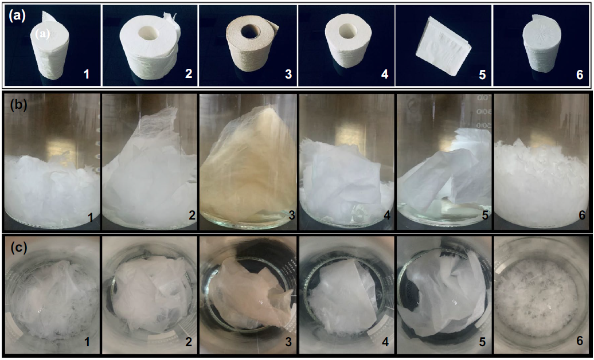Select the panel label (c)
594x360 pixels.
click(x=18, y=248)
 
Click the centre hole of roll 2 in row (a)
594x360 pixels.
click(x=149, y=33)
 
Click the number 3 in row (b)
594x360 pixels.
click(x=291, y=216)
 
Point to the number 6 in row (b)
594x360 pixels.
click(x=579, y=216)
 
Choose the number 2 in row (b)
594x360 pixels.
click(x=192, y=216)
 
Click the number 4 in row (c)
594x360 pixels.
click(x=385, y=342)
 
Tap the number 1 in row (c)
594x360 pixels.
click(x=87, y=342)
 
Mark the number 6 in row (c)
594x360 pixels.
click(x=579, y=342)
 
